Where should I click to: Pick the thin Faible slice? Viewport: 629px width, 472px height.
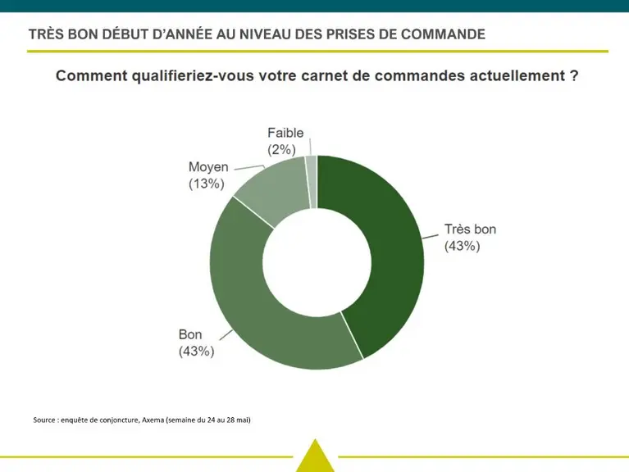point(312,182)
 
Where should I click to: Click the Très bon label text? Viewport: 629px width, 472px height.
point(470,229)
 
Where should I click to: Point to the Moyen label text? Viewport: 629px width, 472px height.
point(208,167)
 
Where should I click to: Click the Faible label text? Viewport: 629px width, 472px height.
point(285,133)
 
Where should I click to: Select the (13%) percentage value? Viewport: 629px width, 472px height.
point(206,184)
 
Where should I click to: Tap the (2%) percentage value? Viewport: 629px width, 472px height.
point(281,149)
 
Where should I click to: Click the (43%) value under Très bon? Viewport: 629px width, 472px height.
point(463,246)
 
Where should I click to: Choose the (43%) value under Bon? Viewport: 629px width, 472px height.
point(196,352)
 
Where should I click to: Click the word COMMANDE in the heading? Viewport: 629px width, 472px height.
point(443,34)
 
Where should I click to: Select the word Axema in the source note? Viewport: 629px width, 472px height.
point(153,420)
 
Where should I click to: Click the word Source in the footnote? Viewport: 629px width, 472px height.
point(43,420)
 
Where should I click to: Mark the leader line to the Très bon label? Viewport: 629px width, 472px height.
point(430,237)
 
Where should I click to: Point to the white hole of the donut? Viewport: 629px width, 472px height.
point(317,262)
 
